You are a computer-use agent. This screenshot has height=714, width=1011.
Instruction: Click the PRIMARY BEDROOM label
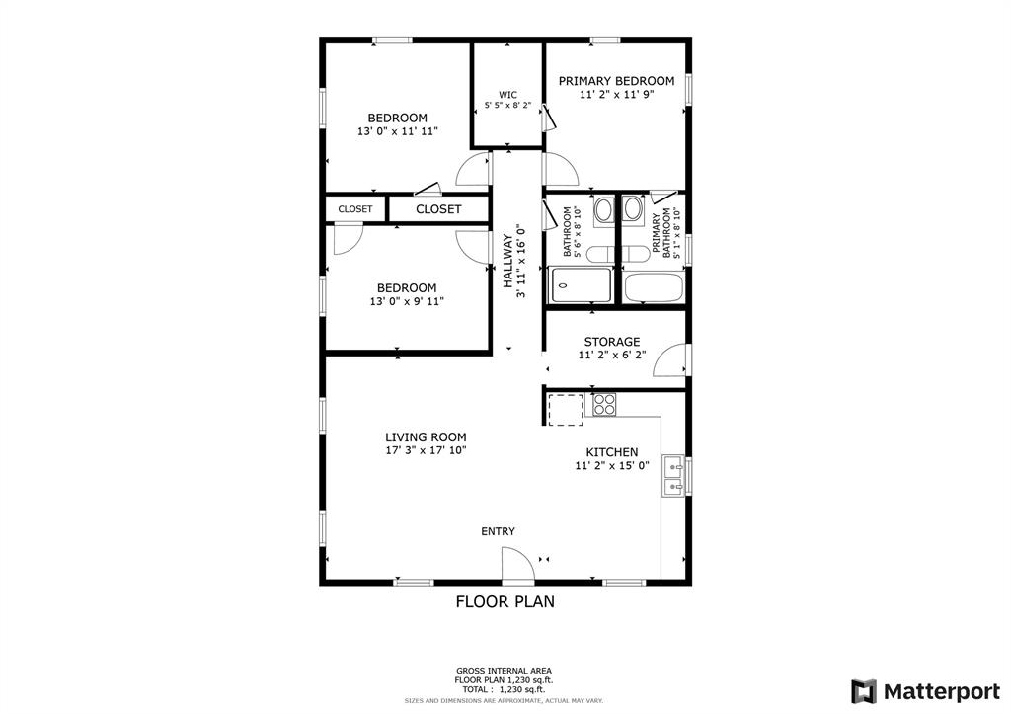tap(616, 81)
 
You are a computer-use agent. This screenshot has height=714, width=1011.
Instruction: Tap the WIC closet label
tap(507, 95)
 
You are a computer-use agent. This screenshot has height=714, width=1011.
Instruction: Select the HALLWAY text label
tap(508, 262)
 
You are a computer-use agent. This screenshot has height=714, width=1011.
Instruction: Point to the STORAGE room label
tap(612, 342)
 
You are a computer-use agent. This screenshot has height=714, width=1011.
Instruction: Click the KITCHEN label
tap(612, 452)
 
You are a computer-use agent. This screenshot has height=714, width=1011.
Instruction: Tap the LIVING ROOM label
tap(426, 437)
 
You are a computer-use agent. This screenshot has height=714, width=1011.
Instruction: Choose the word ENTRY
tap(498, 531)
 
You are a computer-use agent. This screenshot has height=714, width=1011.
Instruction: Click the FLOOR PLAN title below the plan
tap(505, 601)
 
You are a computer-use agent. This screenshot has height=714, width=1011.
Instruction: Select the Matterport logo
tap(925, 692)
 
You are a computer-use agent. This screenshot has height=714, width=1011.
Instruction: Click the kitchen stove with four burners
tap(604, 404)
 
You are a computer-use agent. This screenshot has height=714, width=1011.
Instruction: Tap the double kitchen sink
tap(673, 476)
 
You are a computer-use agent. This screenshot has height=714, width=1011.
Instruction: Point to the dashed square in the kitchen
tap(566, 410)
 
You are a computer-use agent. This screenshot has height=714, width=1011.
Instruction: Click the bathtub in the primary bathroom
tap(654, 287)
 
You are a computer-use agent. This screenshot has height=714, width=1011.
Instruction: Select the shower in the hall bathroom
tap(581, 285)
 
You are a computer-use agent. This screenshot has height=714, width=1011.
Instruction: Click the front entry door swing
tap(518, 563)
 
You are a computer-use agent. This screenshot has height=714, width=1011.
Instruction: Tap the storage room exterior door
tap(670, 359)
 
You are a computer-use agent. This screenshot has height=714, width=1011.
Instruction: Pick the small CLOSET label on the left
tap(355, 209)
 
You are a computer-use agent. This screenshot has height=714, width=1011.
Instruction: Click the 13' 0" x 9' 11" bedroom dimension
tap(407, 301)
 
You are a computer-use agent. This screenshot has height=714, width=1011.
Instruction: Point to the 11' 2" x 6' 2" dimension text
tap(612, 355)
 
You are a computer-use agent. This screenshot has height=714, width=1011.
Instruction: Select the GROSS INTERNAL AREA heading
tap(505, 671)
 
